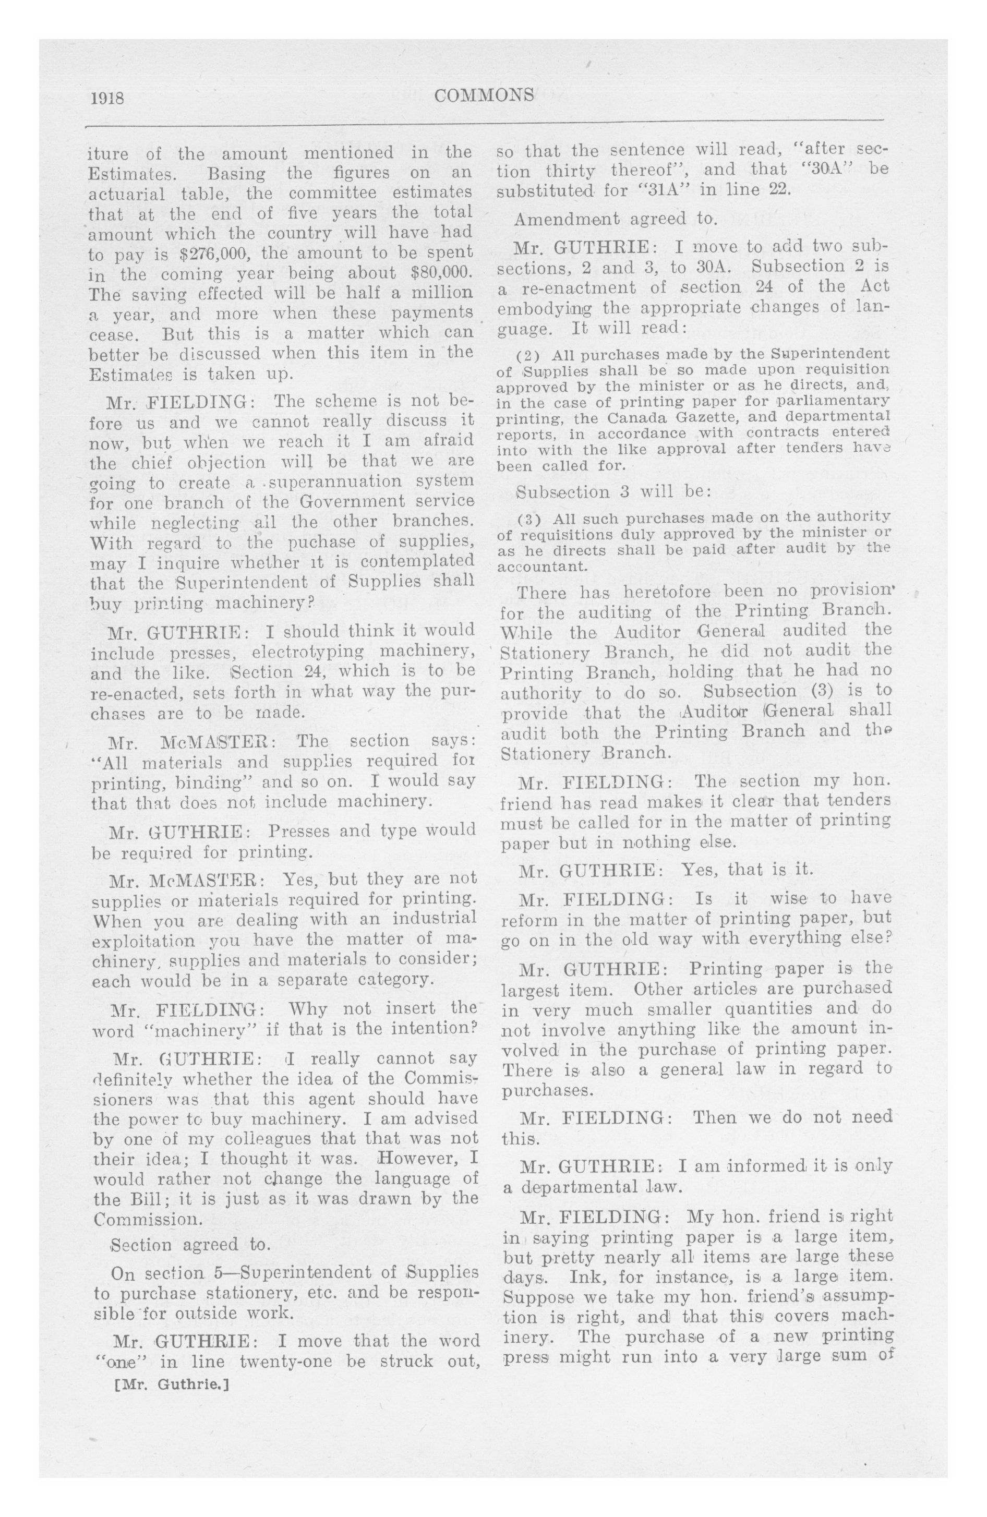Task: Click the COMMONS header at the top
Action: (484, 95)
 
